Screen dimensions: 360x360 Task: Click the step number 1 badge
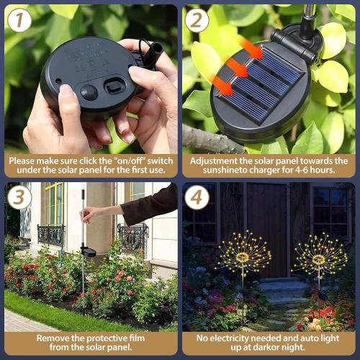click(20, 20)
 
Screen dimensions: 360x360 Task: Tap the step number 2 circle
click(198, 20)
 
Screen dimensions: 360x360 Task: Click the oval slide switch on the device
click(114, 87)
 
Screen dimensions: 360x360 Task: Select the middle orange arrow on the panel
click(235, 68)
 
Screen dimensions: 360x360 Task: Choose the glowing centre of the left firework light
click(243, 256)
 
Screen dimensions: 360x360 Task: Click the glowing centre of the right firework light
click(319, 258)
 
